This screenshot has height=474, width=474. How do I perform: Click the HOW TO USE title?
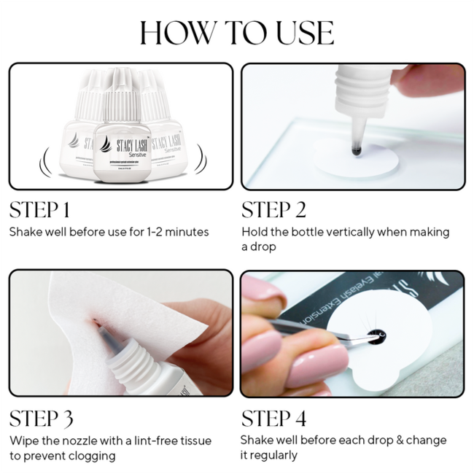(237, 33)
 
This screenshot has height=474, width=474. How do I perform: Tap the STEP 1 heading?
(39, 210)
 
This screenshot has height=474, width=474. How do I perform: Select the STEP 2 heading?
(273, 210)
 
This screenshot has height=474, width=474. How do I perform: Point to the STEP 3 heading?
(41, 419)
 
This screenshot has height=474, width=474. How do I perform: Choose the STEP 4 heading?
(274, 419)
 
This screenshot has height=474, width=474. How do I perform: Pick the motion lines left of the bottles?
(46, 158)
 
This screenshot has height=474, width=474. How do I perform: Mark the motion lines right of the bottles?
(201, 158)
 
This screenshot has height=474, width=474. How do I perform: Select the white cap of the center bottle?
(121, 91)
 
